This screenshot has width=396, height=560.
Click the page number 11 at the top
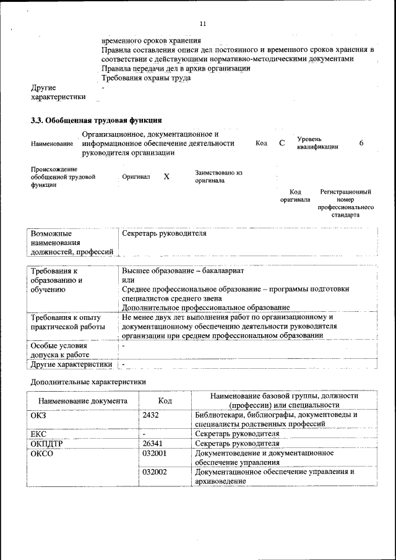click(202, 24)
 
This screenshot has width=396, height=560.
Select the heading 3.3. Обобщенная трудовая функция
click(97, 120)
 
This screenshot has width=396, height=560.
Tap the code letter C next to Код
click(282, 143)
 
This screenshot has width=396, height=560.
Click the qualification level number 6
click(361, 143)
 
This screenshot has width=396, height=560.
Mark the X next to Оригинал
click(166, 176)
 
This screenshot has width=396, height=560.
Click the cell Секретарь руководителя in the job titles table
click(164, 234)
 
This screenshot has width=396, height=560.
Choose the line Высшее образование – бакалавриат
click(183, 271)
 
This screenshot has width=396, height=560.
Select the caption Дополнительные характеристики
click(88, 382)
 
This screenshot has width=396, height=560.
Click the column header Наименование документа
click(82, 401)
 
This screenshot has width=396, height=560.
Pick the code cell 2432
click(151, 415)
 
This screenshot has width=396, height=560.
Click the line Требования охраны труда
click(146, 78)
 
